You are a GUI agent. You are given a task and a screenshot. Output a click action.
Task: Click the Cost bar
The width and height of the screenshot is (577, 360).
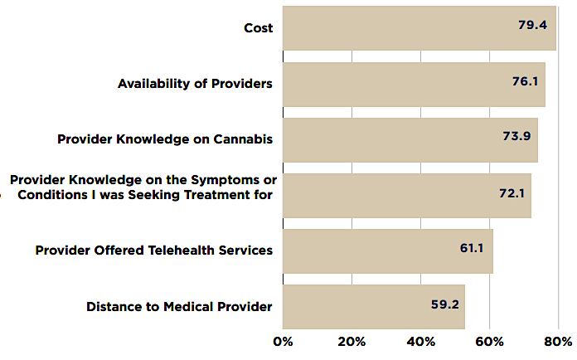tap(419, 28)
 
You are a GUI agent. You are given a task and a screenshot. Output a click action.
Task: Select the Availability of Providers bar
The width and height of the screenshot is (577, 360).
tap(414, 84)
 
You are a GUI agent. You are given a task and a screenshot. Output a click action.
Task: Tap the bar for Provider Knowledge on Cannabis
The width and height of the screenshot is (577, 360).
tap(410, 139)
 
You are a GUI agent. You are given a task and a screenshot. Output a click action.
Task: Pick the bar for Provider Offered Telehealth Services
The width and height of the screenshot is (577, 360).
tap(387, 251)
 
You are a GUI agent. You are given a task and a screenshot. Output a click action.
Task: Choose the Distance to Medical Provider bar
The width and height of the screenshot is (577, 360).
tap(373, 306)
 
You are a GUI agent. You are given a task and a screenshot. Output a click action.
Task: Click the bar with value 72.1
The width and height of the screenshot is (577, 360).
tap(406, 195)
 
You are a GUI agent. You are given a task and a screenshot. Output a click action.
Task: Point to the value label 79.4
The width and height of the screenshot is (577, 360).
tap(532, 25)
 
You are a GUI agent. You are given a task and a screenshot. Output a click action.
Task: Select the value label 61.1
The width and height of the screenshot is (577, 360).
tap(473, 247)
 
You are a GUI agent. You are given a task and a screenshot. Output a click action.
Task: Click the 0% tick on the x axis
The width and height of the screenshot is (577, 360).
tap(284, 341)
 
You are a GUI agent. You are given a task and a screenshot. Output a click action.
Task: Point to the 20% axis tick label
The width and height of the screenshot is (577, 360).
tap(352, 341)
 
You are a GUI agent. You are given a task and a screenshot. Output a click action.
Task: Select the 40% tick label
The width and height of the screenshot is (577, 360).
tap(421, 341)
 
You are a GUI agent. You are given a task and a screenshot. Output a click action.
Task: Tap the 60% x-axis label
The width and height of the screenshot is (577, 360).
tap(490, 341)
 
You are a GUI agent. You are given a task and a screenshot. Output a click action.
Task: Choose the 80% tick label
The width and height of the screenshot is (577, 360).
tap(558, 341)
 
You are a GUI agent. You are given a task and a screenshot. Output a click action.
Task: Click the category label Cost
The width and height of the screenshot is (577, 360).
tap(258, 28)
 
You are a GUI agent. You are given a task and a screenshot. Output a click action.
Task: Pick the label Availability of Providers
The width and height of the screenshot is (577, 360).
tap(195, 84)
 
